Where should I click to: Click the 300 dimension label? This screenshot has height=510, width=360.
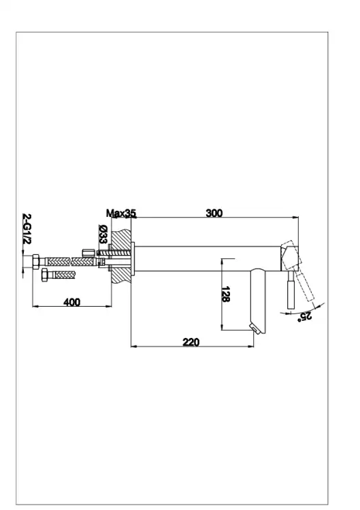[214, 213]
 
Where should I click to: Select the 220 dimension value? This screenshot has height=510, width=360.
[191, 342]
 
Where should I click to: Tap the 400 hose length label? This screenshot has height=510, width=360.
[71, 302]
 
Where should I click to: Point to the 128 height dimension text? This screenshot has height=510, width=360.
[225, 294]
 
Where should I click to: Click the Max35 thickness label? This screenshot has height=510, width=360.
[121, 214]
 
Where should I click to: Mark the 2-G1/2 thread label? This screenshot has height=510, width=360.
[27, 229]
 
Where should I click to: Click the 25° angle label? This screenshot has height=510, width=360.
[305, 316]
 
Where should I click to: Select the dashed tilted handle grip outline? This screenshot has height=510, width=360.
[306, 287]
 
